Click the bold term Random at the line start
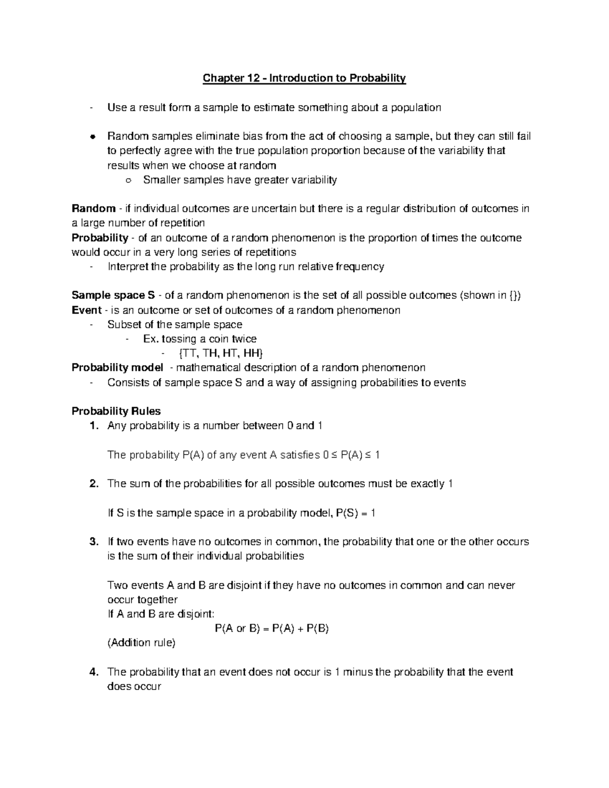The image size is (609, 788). (93, 209)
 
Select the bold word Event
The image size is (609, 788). (87, 310)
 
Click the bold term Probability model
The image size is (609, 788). (117, 367)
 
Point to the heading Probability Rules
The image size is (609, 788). (116, 411)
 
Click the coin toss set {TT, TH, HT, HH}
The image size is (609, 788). (222, 353)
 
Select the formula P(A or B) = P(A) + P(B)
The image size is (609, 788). (272, 629)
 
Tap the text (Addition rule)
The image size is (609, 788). (142, 643)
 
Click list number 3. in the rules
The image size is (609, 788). (93, 542)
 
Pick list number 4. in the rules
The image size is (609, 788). (93, 672)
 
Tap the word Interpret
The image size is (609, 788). (125, 267)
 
